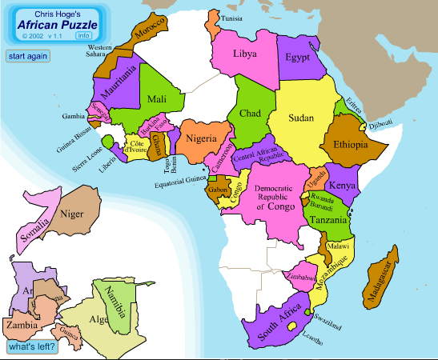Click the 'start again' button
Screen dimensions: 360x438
click(x=27, y=56)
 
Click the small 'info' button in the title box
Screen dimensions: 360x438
click(x=83, y=35)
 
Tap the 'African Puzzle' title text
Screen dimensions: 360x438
click(x=54, y=24)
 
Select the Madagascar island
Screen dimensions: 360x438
click(x=380, y=276)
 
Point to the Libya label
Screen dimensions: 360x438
click(x=245, y=54)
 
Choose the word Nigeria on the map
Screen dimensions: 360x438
click(x=202, y=138)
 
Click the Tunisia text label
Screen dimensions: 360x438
click(x=232, y=18)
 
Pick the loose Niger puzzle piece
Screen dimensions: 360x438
click(x=74, y=214)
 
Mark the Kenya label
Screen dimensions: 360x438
click(x=343, y=186)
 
